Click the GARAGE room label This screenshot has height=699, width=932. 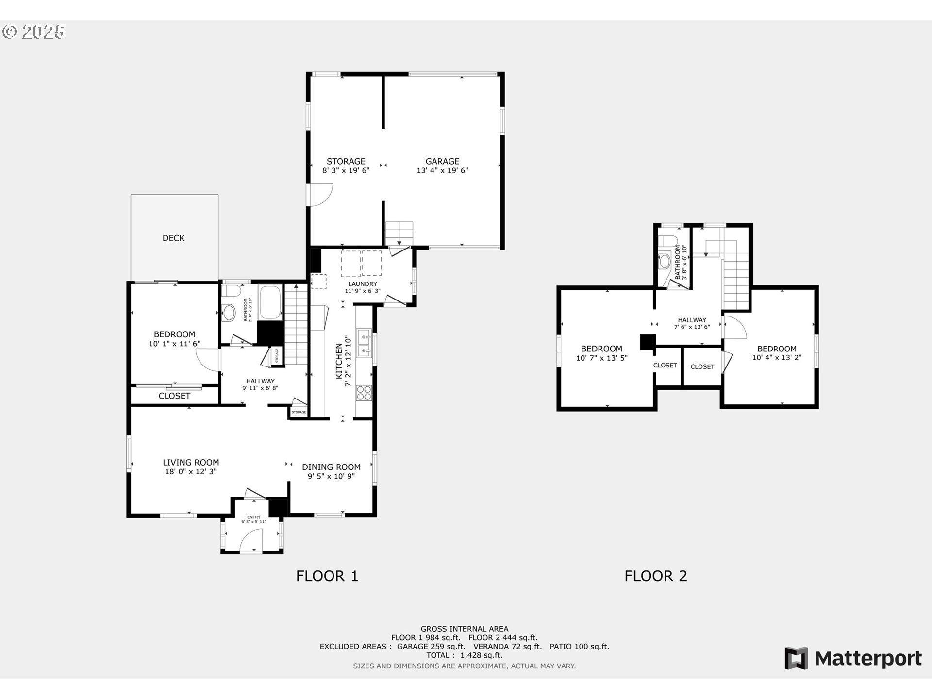pyautogui.click(x=442, y=161)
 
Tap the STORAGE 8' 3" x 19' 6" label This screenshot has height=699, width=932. pyautogui.click(x=346, y=166)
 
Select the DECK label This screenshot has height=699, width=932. pyautogui.click(x=173, y=238)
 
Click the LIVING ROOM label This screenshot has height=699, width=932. pyautogui.click(x=191, y=463)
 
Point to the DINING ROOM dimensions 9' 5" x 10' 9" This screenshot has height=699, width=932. pyautogui.click(x=331, y=476)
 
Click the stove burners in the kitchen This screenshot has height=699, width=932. pyautogui.click(x=364, y=393)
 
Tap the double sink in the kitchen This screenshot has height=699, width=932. pyautogui.click(x=364, y=343)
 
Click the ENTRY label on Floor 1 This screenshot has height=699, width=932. pyautogui.click(x=253, y=517)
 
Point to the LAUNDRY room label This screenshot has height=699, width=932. pyautogui.click(x=363, y=284)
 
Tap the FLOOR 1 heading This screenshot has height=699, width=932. pyautogui.click(x=327, y=576)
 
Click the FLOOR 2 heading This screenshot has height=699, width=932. pyautogui.click(x=655, y=576)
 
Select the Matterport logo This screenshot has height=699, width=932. pyautogui.click(x=853, y=658)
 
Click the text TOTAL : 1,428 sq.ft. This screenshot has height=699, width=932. pyautogui.click(x=464, y=655)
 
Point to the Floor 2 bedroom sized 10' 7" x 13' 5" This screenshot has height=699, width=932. pyautogui.click(x=601, y=353)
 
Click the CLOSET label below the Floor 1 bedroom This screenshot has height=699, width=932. pyautogui.click(x=174, y=396)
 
